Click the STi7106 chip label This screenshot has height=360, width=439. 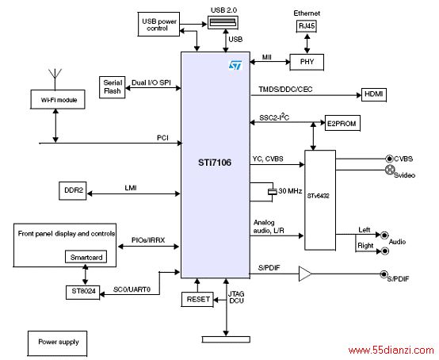(215, 163)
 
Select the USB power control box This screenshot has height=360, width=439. (158, 24)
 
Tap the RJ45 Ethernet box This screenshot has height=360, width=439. (307, 26)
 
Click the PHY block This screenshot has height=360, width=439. (307, 62)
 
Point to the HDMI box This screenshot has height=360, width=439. (374, 94)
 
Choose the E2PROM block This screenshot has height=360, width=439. (342, 123)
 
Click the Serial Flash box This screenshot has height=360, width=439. (113, 87)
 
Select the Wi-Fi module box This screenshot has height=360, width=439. (58, 99)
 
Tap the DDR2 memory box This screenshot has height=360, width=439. (73, 191)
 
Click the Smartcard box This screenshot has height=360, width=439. (86, 257)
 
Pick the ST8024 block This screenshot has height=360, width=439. (82, 292)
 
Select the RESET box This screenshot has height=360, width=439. (197, 299)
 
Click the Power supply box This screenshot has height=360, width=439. (57, 343)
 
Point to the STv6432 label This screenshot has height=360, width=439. (318, 196)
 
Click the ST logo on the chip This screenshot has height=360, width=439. (235, 65)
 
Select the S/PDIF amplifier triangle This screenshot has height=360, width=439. (305, 274)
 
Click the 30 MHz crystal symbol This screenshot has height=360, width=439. (273, 192)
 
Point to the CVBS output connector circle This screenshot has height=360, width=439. (389, 159)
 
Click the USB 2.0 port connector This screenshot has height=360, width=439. (223, 22)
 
